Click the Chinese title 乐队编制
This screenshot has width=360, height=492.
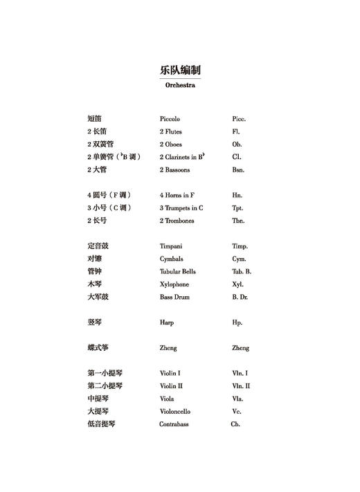coord(179,71)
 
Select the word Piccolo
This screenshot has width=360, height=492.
coord(170,119)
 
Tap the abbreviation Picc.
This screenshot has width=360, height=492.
coord(239,119)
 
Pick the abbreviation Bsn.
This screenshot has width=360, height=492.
coord(238,170)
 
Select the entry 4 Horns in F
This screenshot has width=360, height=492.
coord(177,195)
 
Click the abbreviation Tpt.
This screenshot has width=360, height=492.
coord(237,208)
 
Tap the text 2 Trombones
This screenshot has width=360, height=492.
coord(177,221)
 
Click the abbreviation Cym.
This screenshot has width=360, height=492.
coord(239,259)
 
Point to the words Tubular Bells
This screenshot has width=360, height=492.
coord(178,271)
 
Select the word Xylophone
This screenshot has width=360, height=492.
coord(174,284)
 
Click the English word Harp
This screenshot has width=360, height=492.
coord(166,322)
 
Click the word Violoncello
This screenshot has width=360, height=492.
coord(175,411)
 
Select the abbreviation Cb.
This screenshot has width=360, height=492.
coord(235,424)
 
